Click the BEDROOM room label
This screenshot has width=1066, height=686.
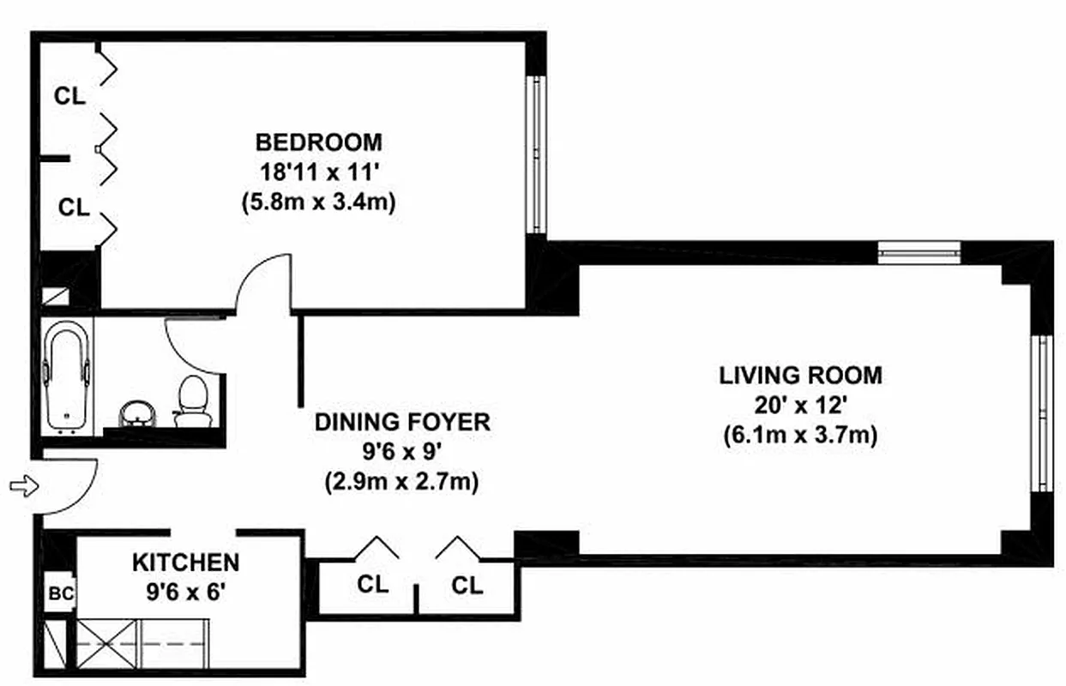[x=318, y=141]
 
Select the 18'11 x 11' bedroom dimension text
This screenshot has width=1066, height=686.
[x=318, y=171]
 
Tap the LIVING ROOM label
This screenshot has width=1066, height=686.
[x=799, y=375]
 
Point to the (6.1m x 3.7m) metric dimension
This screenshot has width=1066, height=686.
[x=799, y=435]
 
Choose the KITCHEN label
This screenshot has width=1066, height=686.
[x=185, y=563]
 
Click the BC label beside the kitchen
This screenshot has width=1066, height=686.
[x=61, y=593]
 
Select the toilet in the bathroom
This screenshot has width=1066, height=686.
[x=192, y=400]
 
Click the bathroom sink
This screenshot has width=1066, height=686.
[x=136, y=413]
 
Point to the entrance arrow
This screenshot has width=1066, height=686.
[x=24, y=487]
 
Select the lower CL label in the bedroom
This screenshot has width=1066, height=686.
[x=73, y=207]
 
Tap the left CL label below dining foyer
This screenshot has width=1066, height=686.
[x=372, y=585]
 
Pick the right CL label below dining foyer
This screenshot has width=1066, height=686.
[x=467, y=585]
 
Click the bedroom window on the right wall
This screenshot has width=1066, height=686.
[x=536, y=154]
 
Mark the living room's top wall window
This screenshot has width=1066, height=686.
[x=919, y=252]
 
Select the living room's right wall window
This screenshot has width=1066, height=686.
[x=1042, y=412]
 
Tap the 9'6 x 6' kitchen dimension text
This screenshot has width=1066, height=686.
[x=185, y=592]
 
